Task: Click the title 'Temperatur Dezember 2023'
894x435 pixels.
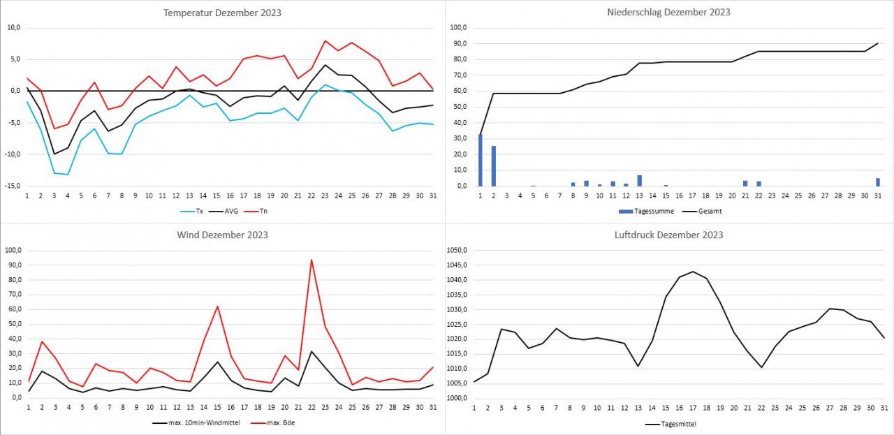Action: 222,13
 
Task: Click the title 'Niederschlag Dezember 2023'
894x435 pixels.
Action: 669,12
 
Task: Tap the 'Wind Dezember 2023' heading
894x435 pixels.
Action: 222,235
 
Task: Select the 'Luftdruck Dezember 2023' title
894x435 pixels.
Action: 669,235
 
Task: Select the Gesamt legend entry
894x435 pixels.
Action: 705,210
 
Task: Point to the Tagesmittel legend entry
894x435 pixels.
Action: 670,423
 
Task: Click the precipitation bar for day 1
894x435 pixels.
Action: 480,160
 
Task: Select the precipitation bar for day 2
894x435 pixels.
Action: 493,166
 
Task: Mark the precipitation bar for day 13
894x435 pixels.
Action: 639,181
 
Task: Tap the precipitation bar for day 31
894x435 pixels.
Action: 878,182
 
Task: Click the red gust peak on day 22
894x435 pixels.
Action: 311,260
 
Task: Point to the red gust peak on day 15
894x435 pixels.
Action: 218,307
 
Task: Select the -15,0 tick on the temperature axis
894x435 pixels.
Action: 13,186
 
